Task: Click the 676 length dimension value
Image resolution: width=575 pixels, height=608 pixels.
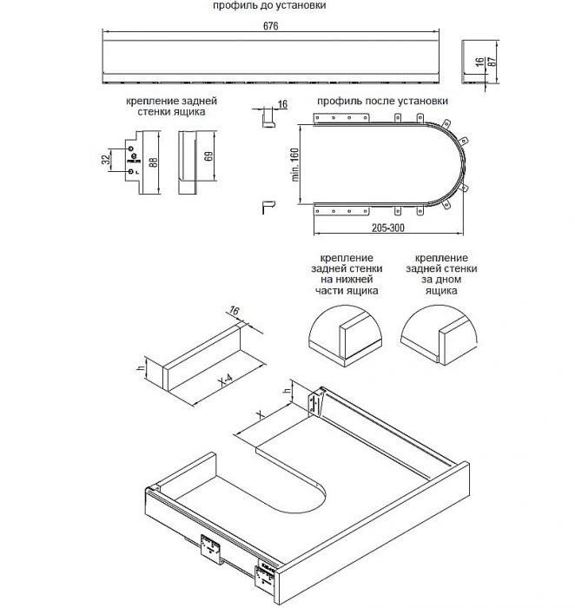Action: (271, 26)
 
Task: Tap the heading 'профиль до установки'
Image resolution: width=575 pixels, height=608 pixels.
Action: (269, 5)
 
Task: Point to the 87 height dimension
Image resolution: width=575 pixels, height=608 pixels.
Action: (492, 62)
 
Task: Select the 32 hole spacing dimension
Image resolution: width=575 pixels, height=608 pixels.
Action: (105, 159)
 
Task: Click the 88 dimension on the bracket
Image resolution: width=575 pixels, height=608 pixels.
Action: (153, 162)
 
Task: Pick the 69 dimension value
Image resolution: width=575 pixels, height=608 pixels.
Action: (208, 156)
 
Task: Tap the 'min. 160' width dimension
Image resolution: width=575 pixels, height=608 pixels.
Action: (294, 164)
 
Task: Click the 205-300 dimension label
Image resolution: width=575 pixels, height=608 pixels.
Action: (388, 228)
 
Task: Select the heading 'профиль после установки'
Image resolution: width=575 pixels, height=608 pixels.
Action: (383, 102)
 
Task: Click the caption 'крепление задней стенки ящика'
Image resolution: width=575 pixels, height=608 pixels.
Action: (171, 106)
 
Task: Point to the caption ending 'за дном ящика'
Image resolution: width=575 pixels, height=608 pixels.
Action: (441, 274)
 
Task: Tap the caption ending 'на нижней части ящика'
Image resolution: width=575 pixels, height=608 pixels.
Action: (347, 274)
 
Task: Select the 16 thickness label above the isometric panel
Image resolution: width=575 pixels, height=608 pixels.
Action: (234, 311)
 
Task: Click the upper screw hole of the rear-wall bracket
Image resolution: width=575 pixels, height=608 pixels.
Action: (130, 149)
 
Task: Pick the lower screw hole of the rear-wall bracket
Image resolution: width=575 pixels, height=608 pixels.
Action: (130, 171)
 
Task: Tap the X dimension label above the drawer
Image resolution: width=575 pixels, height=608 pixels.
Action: (261, 415)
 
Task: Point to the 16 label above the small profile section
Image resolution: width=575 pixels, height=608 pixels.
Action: (282, 104)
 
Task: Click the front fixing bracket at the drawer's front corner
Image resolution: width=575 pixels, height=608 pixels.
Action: (266, 577)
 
